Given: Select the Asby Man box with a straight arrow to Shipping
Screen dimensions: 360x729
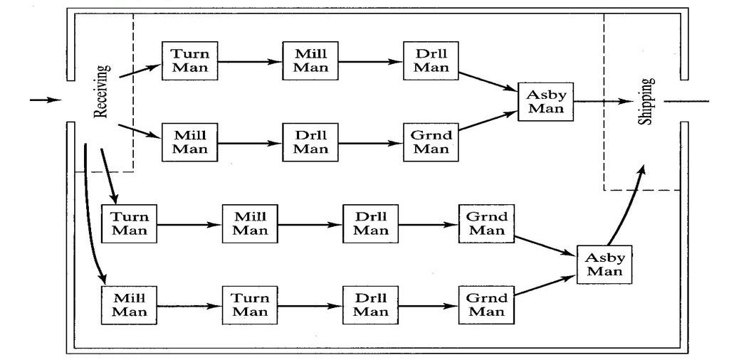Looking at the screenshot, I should (546, 101).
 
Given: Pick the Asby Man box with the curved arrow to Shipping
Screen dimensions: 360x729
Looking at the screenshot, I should (605, 265).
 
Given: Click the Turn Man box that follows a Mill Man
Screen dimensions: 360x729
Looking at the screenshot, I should (250, 305).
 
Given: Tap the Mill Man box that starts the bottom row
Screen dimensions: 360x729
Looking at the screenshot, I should (130, 305).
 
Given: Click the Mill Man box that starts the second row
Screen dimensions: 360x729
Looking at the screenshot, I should (190, 142).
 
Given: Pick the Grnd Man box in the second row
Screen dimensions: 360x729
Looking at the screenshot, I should (431, 142).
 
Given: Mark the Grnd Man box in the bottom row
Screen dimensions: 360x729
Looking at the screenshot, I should (487, 305).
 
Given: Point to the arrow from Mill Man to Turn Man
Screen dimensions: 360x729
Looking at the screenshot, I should (189, 305).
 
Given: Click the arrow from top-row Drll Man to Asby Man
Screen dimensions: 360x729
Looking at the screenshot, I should (488, 80).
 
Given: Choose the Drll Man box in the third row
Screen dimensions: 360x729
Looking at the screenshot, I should (371, 223).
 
